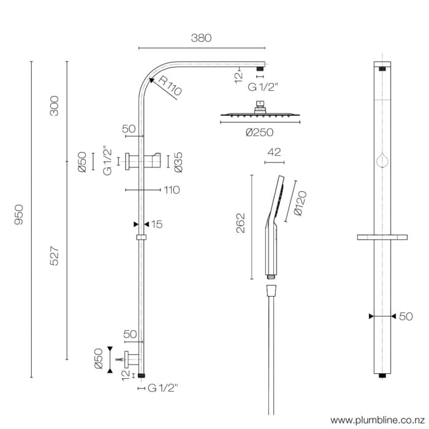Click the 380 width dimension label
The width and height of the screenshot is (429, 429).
[201, 38]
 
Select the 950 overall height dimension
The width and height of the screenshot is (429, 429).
[18, 215]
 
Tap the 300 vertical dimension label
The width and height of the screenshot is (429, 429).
[55, 107]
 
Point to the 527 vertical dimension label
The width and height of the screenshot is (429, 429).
[55, 256]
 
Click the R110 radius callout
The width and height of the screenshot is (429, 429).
[170, 85]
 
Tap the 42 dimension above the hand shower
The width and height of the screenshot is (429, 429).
[274, 153]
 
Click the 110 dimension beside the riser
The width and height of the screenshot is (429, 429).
[172, 190]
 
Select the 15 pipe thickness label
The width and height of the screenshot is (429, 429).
[156, 224]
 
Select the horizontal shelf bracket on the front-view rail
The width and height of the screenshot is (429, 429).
[383, 237]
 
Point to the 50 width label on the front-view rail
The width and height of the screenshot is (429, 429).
[406, 316]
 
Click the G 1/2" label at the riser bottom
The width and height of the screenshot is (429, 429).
[163, 388]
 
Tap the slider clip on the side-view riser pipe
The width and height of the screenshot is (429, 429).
[142, 237]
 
